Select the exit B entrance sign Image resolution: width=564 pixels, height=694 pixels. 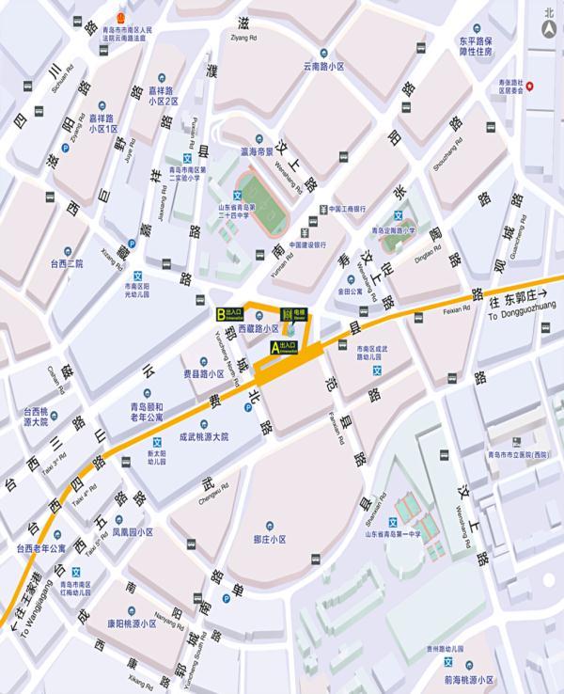tap(231, 314)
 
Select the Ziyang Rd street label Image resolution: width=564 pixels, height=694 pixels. tap(243, 37)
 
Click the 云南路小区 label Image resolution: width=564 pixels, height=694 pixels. tap(324, 67)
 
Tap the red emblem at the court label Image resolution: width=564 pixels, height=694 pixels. tap(118, 18)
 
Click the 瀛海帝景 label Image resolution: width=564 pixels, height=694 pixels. tap(257, 150)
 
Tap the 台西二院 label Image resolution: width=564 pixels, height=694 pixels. tap(67, 264)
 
